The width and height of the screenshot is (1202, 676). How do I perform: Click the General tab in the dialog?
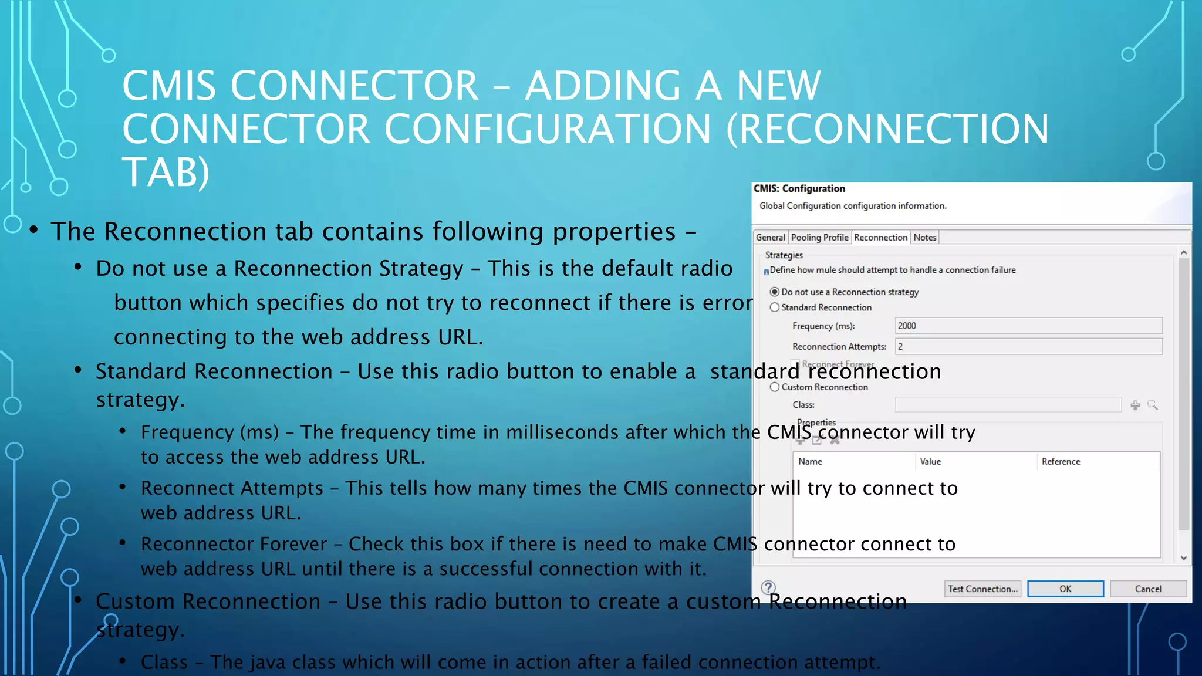[770, 238]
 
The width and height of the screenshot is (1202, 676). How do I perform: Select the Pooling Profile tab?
[819, 238]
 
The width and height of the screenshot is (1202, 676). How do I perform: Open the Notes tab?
[924, 238]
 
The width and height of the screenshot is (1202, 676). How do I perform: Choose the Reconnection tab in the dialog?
[880, 238]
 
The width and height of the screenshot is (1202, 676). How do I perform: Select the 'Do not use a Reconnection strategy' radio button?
[775, 292]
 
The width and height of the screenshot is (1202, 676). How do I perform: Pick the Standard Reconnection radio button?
[775, 307]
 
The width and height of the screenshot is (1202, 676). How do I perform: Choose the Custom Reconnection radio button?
[775, 387]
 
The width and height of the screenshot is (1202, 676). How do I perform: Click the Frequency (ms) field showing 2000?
[1028, 326]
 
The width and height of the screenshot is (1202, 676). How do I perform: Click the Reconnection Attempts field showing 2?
[1028, 347]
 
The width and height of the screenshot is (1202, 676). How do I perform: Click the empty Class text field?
[1008, 405]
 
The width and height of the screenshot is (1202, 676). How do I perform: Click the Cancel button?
[1148, 589]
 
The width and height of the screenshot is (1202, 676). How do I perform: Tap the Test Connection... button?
[982, 589]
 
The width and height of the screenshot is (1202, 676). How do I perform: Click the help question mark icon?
[768, 587]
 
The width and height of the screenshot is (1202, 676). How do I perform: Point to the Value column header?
[930, 462]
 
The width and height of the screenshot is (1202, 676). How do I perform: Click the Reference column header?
[1061, 462]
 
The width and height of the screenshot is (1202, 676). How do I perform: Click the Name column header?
[810, 462]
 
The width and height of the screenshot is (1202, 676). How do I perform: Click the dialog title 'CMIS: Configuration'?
[799, 189]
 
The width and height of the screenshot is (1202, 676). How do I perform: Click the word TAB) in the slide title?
[166, 173]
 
